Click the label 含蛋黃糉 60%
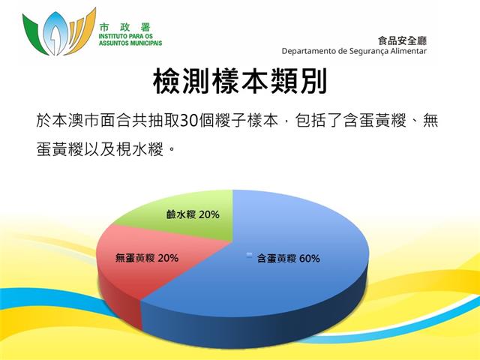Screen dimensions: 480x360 289,259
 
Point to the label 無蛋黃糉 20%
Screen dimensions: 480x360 147,258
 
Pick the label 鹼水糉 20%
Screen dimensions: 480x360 193,214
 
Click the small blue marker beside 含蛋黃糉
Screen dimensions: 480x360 250,255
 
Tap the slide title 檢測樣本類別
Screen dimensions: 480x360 240,81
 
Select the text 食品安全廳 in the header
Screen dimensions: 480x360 402,40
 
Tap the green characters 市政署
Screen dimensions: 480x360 125,28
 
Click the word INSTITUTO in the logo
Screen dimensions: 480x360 110,36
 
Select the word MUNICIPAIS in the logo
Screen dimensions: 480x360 146,43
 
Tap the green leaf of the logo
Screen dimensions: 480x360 34,34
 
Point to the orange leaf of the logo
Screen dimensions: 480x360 80,32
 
